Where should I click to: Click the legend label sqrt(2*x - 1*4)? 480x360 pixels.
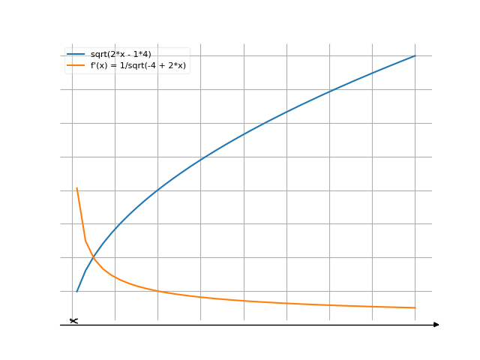point(126,55)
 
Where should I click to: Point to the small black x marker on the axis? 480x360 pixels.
point(73,321)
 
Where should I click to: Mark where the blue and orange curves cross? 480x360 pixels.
point(92,259)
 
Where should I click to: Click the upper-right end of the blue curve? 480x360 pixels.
point(414,56)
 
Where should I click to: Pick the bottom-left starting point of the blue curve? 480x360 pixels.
point(77,291)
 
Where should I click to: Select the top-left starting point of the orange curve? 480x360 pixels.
point(77,187)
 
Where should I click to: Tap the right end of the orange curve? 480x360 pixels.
point(414,307)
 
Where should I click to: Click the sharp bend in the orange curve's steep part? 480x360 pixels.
point(85,240)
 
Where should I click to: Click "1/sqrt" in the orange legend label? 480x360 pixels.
point(133,66)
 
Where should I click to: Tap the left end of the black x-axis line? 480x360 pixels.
point(61,325)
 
